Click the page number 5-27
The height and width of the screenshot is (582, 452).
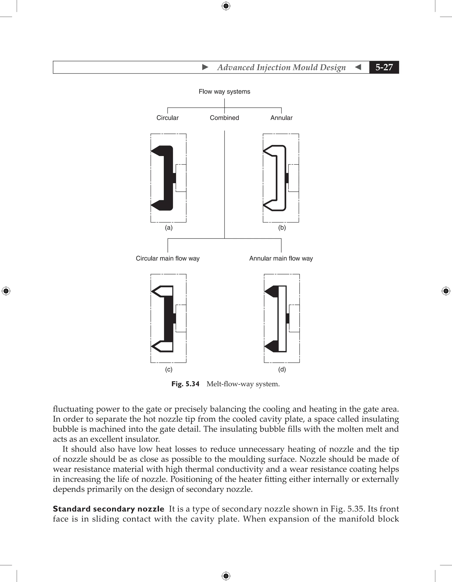tap(384, 67)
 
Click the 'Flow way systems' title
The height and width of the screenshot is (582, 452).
tap(224, 92)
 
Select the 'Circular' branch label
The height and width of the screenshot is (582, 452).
tap(167, 118)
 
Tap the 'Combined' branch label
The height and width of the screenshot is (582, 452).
tap(224, 118)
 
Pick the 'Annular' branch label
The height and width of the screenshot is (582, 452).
tap(281, 118)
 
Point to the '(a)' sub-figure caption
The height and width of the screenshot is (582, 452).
tap(169, 228)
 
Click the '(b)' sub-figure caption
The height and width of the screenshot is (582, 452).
tap(282, 228)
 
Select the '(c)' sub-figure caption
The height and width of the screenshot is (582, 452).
tap(169, 369)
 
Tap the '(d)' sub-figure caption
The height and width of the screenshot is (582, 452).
tap(282, 369)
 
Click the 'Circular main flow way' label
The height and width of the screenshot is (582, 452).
tap(168, 259)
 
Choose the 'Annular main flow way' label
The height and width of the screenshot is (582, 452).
tap(281, 259)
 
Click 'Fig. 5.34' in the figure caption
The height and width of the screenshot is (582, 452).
tap(185, 384)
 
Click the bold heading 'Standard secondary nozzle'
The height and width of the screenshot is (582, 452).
tap(108, 509)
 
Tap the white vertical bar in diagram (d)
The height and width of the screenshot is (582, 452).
tap(282, 319)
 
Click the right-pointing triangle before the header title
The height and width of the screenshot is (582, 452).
tap(205, 67)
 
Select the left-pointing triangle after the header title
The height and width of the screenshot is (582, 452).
tap(358, 67)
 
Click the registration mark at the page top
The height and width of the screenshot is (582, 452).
tap(226, 6)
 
